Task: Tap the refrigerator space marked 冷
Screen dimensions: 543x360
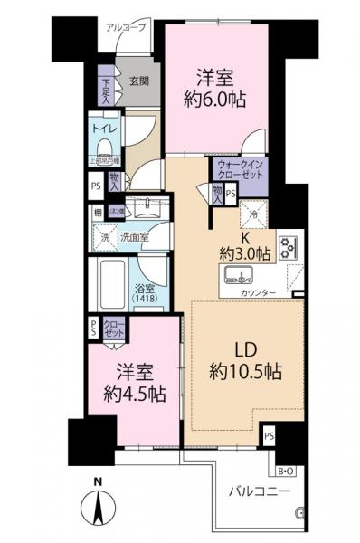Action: pos(251,214)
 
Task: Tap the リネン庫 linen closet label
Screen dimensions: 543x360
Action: pos(117,211)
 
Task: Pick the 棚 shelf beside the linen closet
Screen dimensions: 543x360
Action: pos(96,212)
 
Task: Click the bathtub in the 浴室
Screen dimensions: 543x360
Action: pos(111,283)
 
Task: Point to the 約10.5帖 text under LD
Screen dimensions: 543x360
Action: pos(247,371)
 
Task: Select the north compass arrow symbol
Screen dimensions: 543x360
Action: pos(98,507)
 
